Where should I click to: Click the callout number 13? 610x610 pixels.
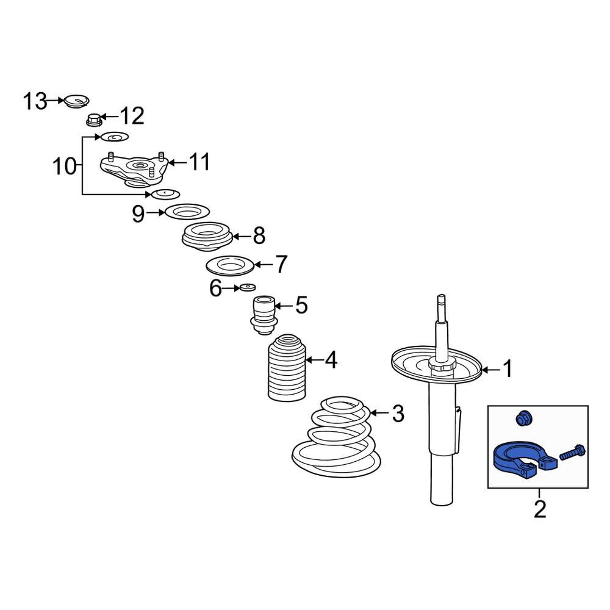pyautogui.click(x=35, y=101)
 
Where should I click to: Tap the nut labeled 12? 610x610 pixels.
pyautogui.click(x=94, y=120)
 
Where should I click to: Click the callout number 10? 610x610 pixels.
pyautogui.click(x=64, y=165)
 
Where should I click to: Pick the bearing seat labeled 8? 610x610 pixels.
pyautogui.click(x=207, y=237)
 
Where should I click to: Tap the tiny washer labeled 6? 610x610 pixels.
pyautogui.click(x=248, y=287)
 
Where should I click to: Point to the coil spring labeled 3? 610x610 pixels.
pyautogui.click(x=335, y=439)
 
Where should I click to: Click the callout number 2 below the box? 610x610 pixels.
pyautogui.click(x=540, y=508)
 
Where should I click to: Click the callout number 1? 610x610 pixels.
pyautogui.click(x=507, y=369)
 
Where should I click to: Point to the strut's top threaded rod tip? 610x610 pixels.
pyautogui.click(x=440, y=300)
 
